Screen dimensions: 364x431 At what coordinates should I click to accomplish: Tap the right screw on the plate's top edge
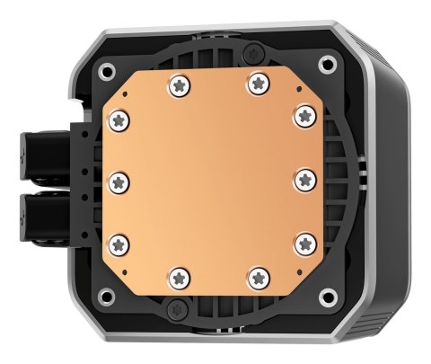coord(256,84)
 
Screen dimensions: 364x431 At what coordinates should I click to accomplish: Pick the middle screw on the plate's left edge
coord(117,179)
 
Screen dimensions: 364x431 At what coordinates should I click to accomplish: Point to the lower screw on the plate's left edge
coord(117,239)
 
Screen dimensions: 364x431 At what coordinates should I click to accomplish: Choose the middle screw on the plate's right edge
coord(304,176)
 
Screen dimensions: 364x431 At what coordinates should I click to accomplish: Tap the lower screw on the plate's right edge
coord(304,239)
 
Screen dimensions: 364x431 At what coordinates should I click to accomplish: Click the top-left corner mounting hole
coord(107,69)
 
